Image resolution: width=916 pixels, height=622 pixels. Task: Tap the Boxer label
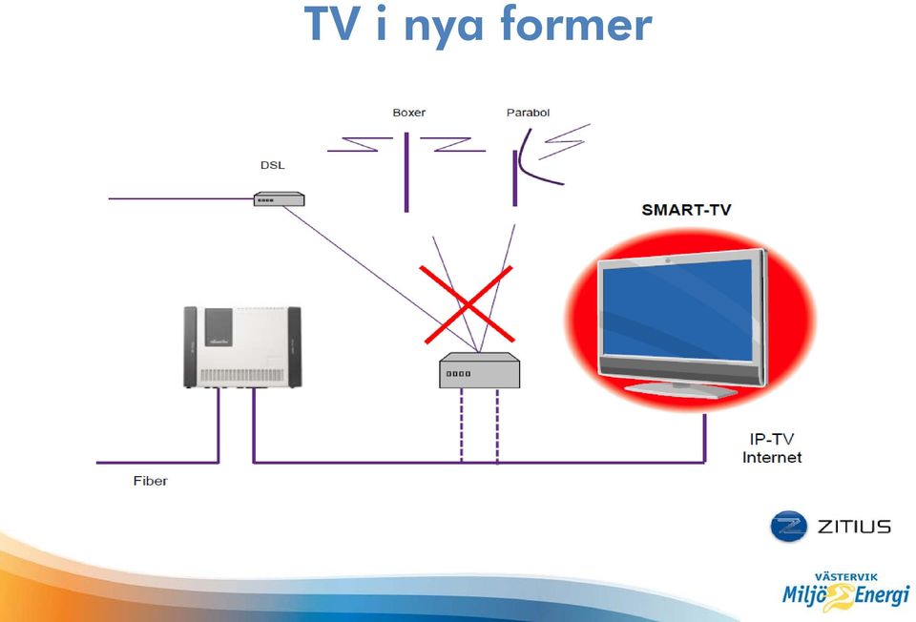click(x=409, y=113)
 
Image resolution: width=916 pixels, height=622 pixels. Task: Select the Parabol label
click(x=528, y=113)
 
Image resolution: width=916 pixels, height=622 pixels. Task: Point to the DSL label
click(x=273, y=165)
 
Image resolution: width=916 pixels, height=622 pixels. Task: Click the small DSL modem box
click(x=280, y=199)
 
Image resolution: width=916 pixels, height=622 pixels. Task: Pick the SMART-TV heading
click(x=686, y=210)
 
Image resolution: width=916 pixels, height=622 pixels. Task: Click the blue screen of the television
click(x=677, y=309)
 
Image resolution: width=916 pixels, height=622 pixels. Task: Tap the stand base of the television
click(x=681, y=389)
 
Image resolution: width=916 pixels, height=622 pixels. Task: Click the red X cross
click(x=468, y=304)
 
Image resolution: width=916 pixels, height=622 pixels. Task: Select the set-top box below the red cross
click(x=480, y=370)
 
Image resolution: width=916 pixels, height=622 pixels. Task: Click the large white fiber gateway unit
click(x=242, y=347)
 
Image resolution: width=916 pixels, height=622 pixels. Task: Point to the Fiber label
click(x=151, y=481)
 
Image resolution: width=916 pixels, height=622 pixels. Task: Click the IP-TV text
click(x=772, y=439)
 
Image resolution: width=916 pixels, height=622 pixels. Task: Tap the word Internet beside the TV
click(x=772, y=457)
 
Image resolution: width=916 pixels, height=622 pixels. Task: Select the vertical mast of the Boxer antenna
click(x=406, y=173)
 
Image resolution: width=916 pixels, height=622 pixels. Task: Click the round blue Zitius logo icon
click(x=789, y=527)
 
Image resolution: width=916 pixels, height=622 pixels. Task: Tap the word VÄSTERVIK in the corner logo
click(x=846, y=577)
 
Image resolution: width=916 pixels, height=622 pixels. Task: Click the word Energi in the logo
click(x=882, y=595)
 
